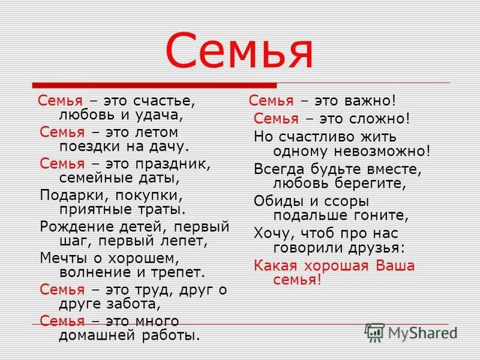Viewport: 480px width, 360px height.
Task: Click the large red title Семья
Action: (239, 50)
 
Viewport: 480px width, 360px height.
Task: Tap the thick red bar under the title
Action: (154, 85)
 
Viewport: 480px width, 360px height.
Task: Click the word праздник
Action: (173, 164)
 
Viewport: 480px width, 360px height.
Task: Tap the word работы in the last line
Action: (171, 335)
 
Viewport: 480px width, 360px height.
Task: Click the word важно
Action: (370, 101)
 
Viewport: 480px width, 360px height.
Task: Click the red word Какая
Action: (275, 265)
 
